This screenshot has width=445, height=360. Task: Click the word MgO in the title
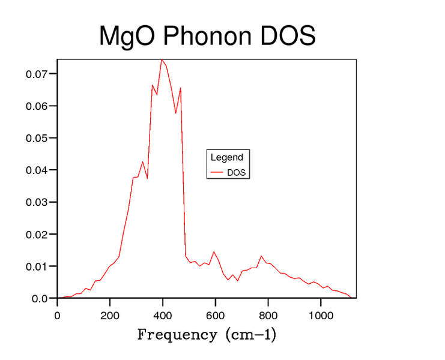pos(127,36)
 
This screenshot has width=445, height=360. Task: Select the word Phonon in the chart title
pos(207,35)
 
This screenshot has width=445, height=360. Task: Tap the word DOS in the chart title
pos(288,35)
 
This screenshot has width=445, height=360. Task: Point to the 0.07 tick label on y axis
pos(37,74)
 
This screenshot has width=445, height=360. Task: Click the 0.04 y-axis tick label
pos(37,170)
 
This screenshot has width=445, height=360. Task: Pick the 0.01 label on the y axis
pos(37,266)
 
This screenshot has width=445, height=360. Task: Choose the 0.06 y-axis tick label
pos(37,106)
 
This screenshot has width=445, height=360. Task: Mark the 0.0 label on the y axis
pos(40,298)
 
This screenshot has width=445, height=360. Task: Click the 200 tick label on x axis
pos(110,316)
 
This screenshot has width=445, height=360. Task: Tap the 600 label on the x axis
pos(216,316)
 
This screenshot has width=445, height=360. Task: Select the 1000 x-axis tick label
pos(321,316)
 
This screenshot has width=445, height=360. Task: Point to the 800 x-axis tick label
pos(268,316)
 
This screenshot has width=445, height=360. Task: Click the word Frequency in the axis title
pos(177,335)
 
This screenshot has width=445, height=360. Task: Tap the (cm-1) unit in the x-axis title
pos(251,334)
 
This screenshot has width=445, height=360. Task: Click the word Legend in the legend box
pos(227,157)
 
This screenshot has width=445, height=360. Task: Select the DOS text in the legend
pos(237,173)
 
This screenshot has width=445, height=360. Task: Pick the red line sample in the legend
pos(217,172)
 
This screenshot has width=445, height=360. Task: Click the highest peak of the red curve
pos(162,60)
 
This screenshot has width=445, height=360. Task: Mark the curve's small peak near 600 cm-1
pos(214,252)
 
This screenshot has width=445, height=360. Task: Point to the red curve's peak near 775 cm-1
pos(261,256)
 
